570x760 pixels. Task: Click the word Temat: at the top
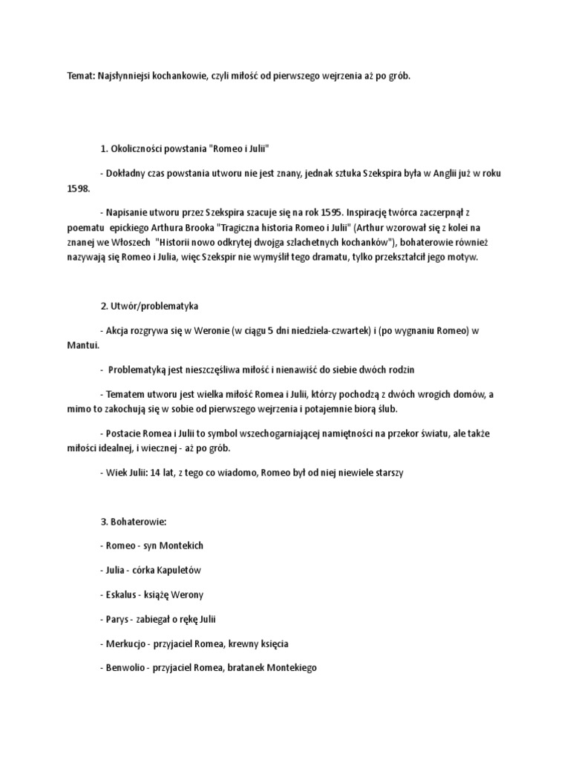point(76,76)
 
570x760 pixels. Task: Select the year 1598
point(78,189)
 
